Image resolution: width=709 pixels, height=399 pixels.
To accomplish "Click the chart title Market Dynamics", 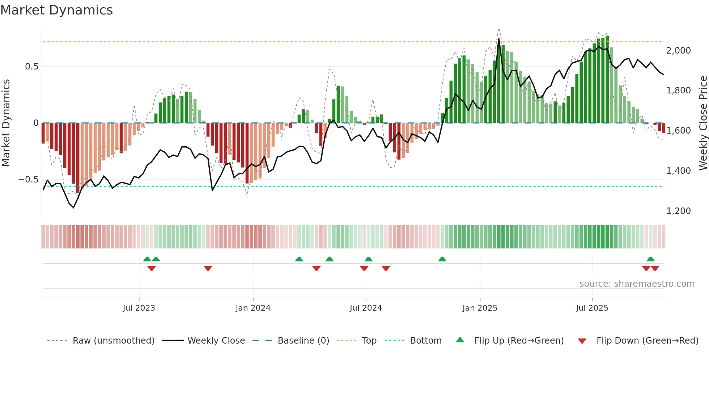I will pos(56,10).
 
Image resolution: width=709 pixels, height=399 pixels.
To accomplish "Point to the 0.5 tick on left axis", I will pos(31,67).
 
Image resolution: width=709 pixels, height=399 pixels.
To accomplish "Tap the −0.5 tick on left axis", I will pos(28,180).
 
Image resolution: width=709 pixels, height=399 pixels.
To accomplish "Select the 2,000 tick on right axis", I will pos(678,51).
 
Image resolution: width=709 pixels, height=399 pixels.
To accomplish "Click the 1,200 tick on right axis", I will pos(678,211).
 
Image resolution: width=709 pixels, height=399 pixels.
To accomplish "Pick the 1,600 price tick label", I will pos(678,131).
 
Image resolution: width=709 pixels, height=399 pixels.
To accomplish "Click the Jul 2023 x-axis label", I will pos(139,308).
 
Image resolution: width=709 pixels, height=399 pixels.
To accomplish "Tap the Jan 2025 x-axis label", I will pos(480,308).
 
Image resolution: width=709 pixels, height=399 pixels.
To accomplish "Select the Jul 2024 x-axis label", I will pos(366,308).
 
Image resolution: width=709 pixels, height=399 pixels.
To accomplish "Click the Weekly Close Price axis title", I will pos(703,123).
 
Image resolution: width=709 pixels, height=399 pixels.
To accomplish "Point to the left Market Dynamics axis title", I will pos(6,123).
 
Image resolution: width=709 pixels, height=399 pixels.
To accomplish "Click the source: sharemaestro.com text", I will pos(637,284).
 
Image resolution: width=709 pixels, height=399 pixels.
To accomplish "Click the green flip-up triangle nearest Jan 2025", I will pos(442,259).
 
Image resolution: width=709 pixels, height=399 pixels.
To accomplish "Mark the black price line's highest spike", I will pos(499,39).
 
